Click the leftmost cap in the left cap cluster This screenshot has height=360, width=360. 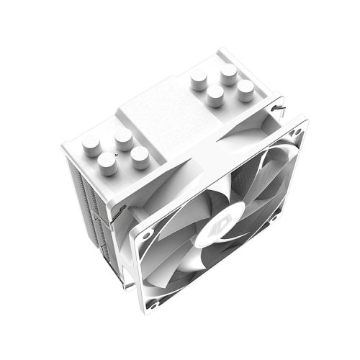91,147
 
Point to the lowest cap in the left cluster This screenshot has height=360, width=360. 108,165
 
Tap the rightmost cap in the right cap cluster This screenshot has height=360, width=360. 246,89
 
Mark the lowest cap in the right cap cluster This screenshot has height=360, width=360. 215,96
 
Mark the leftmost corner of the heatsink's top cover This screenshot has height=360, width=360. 63,146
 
